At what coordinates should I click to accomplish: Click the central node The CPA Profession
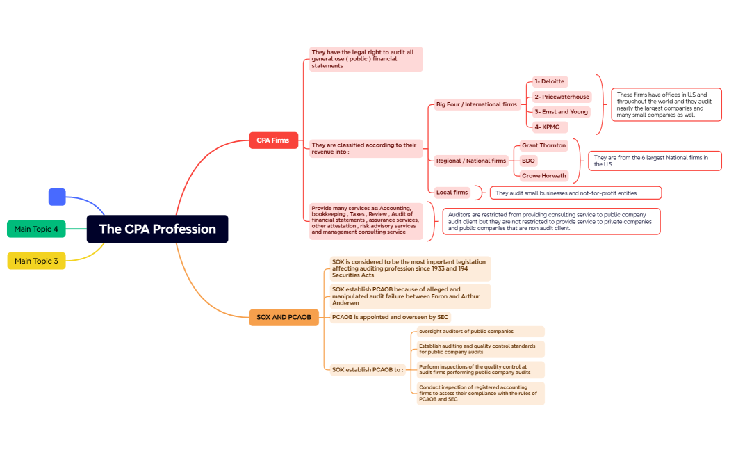coord(157,229)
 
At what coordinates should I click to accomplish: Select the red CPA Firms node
coord(273,140)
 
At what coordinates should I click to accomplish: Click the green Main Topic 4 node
coord(36,229)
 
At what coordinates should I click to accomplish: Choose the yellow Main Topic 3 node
coord(36,261)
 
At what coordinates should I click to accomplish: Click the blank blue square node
coord(57,197)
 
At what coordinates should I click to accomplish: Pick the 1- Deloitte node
coord(550,81)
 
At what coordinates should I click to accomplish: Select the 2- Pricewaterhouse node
coord(562,97)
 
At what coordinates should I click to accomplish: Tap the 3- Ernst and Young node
coord(561,111)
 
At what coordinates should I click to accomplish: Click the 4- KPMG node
coord(546,127)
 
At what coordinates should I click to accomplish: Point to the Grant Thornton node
coord(543,145)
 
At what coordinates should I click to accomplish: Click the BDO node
coord(528,161)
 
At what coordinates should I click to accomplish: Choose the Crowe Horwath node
coord(543,176)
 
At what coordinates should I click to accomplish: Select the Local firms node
coord(452,192)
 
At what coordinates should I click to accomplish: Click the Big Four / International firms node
coord(477,104)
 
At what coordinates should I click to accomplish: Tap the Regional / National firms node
coord(471,161)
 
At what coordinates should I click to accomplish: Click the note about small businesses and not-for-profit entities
coord(575,193)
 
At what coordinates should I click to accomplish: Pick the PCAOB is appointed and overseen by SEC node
coord(391,317)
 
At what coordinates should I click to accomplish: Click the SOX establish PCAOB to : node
coord(368,369)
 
